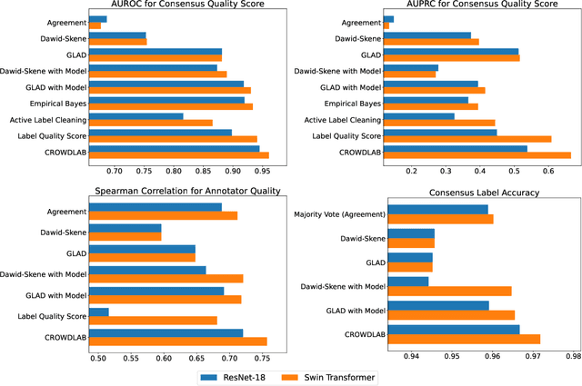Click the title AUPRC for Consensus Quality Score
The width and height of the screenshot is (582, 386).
coord(477,8)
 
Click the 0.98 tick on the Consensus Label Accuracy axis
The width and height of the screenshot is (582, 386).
coord(573,356)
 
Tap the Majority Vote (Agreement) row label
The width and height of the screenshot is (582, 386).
coord(339,214)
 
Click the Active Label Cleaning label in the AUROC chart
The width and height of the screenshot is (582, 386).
coord(47,119)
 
